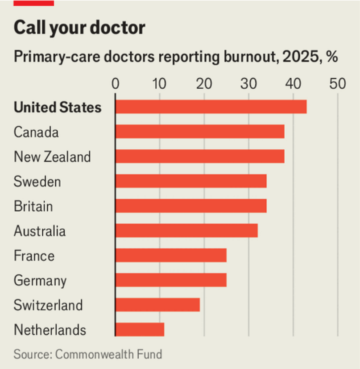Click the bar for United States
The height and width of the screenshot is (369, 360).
pyautogui.click(x=211, y=107)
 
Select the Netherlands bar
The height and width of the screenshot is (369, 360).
pyautogui.click(x=140, y=329)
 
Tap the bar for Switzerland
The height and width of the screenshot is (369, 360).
pyautogui.click(x=157, y=305)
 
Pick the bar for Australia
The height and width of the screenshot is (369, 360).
pyautogui.click(x=186, y=231)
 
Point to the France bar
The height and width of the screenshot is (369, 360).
pyautogui.click(x=171, y=255)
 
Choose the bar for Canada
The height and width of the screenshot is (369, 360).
pyautogui.click(x=199, y=132)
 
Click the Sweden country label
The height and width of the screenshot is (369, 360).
pyautogui.click(x=37, y=182)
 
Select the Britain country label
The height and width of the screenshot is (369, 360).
pyautogui.click(x=33, y=206)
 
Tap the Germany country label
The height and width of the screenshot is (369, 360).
pyautogui.click(x=40, y=281)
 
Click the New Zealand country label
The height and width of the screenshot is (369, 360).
pyautogui.click(x=52, y=157)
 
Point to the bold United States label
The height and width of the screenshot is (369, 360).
pyautogui.click(x=58, y=108)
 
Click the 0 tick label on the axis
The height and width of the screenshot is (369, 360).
pyautogui.click(x=115, y=84)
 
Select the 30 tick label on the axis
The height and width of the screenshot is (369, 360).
pyautogui.click(x=248, y=84)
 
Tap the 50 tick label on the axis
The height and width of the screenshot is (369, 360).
pyautogui.click(x=337, y=84)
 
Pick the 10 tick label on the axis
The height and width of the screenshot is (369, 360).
pyautogui.click(x=160, y=84)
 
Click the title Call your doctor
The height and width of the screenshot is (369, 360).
pyautogui.click(x=79, y=28)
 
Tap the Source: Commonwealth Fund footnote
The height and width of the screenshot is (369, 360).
pyautogui.click(x=88, y=355)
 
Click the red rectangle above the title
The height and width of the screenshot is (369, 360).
pyautogui.click(x=33, y=3)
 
